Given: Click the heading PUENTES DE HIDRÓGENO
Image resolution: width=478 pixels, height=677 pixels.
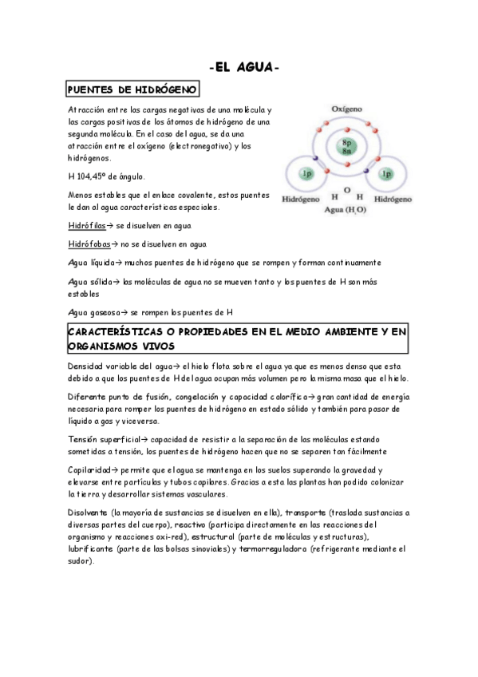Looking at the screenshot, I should (x=132, y=89).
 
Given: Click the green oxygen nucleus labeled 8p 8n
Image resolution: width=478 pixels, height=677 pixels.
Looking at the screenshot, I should (x=346, y=145).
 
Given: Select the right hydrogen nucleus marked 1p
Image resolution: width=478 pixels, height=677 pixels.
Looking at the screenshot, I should (x=386, y=173).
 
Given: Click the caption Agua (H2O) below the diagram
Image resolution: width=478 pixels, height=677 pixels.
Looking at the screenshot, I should (x=346, y=210).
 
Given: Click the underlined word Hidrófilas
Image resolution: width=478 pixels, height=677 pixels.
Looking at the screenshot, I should (x=88, y=226).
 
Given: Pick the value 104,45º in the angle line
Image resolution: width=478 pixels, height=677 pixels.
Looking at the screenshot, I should (x=96, y=176).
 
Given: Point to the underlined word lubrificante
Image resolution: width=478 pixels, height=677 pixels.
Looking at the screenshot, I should (x=91, y=549).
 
